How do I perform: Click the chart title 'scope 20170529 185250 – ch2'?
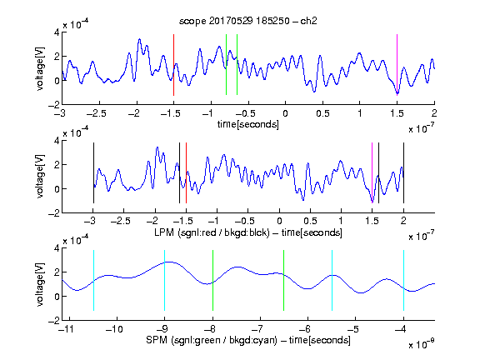point(248,21)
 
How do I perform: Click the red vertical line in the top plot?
point(173,65)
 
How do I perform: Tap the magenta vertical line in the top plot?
point(397,65)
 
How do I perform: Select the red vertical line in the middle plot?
point(186,172)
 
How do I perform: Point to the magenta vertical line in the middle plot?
point(372,172)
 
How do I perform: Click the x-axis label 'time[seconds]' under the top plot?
point(248,124)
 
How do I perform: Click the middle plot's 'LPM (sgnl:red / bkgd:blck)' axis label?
point(212,232)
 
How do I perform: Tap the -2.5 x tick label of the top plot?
point(97,113)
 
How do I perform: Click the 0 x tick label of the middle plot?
point(279,221)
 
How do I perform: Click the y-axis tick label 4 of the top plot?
point(57,32)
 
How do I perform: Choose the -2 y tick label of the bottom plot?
point(54,321)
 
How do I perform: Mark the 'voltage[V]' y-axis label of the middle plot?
point(40,177)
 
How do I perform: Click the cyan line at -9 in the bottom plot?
point(165,280)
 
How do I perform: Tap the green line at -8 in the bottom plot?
point(212,280)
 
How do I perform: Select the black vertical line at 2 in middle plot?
point(403,172)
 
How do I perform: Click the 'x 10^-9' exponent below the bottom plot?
point(422,344)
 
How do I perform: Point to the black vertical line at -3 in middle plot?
point(93,172)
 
